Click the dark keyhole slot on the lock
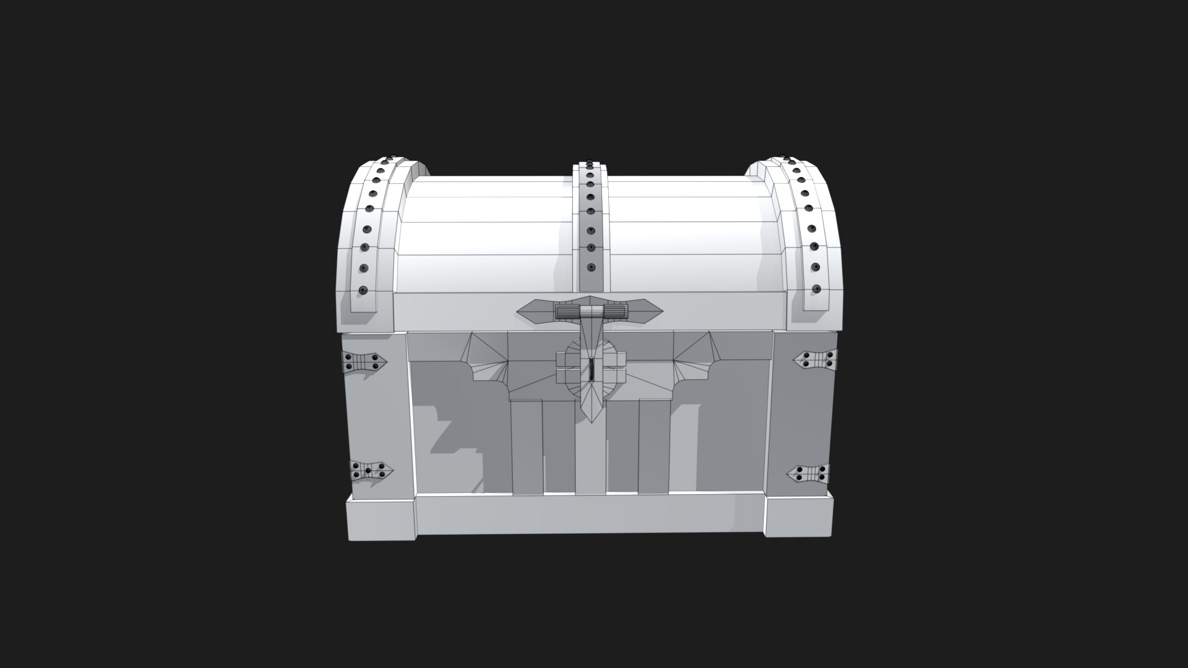592,370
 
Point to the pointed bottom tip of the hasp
593,421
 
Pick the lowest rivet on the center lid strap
591,268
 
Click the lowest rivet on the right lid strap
816,288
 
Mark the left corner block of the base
381,519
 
